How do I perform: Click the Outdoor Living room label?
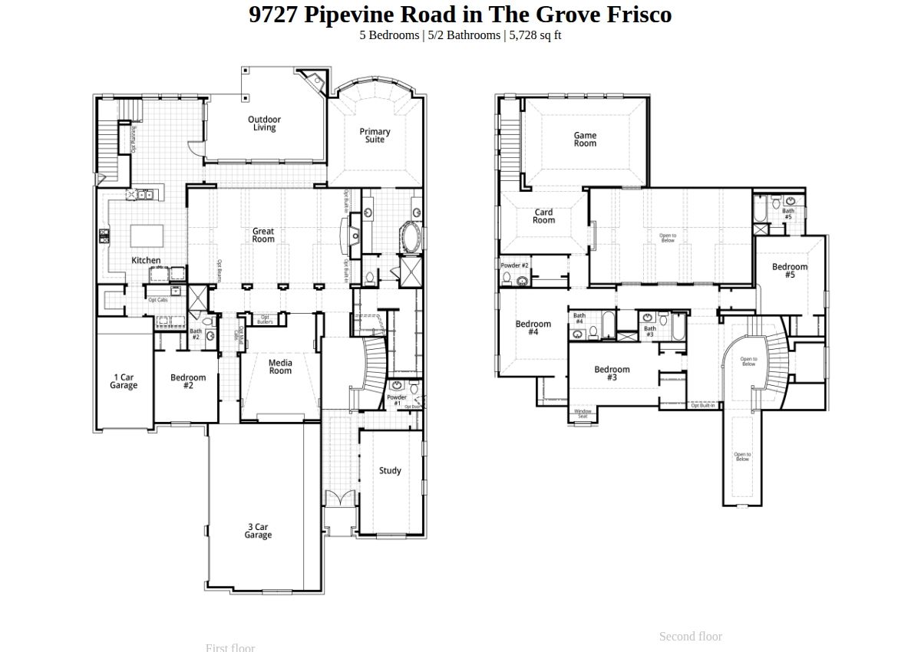pos(264,123)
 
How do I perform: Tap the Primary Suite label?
pos(375,136)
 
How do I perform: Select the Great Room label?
pos(263,235)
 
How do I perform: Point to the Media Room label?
pos(280,367)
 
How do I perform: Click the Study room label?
pos(390,471)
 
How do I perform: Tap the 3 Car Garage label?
pos(258,531)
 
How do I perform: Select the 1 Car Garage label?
pos(124,381)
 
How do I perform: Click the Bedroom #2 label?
pos(188,381)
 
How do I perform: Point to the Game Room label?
pos(585,140)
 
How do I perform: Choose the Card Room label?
pos(543,216)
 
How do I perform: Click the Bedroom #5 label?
pos(790,271)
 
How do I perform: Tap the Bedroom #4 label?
pos(533,328)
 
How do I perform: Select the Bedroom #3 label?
pos(612,374)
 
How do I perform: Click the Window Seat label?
pos(583,414)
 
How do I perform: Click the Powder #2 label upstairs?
pos(514,265)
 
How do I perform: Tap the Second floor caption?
pos(690,636)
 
